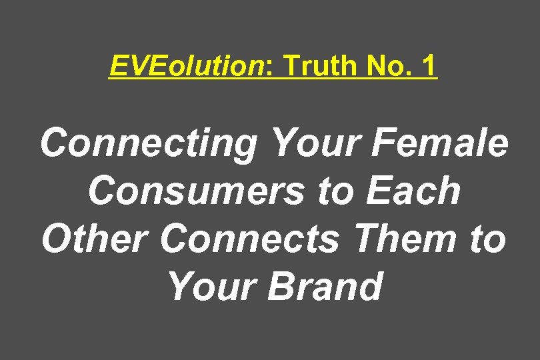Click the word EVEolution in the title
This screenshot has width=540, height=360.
(x=187, y=66)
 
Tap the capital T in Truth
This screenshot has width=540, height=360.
(x=291, y=66)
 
